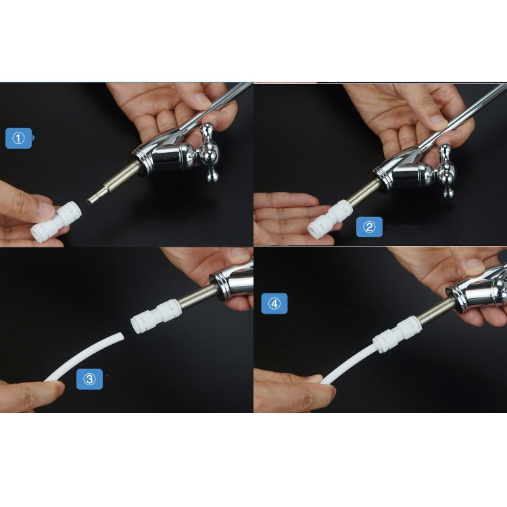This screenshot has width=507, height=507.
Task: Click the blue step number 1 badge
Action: tap(18, 139)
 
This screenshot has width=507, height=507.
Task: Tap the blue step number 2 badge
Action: tap(368, 227)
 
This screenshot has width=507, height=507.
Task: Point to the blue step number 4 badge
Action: tap(274, 304)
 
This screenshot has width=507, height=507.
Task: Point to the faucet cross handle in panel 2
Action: tap(445, 170)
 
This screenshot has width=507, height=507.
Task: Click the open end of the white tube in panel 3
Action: tap(120, 336)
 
